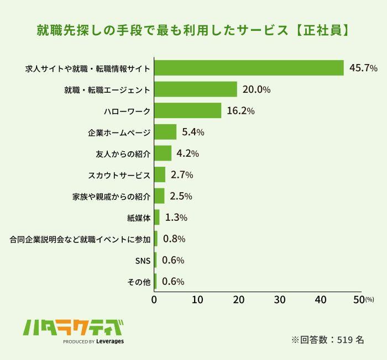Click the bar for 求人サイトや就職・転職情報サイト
249,68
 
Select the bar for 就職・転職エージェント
196,89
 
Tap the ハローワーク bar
187,111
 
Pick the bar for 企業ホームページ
165,132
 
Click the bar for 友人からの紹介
163,153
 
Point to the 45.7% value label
363,68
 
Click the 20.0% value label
257,89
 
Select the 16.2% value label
240,111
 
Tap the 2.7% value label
182,175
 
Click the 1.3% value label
176,218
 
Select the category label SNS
143,261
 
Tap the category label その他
139,282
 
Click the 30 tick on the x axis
279,300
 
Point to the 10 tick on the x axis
196,300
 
